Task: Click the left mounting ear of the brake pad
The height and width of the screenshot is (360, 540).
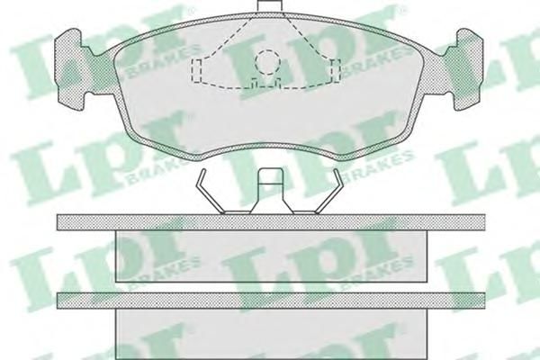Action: coord(69,69)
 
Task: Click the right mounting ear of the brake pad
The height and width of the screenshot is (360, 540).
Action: coord(469,69)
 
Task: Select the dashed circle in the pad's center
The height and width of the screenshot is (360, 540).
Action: coord(268,62)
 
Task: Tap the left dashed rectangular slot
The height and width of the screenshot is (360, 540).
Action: coord(196,70)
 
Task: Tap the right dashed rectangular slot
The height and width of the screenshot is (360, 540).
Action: coord(336,70)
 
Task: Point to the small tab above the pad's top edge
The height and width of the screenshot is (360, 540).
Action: coord(270,7)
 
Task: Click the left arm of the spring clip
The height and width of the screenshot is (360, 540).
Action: coord(210,191)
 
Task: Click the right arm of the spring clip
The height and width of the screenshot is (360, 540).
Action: coord(328,191)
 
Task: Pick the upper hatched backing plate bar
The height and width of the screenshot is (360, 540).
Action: coord(271,222)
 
